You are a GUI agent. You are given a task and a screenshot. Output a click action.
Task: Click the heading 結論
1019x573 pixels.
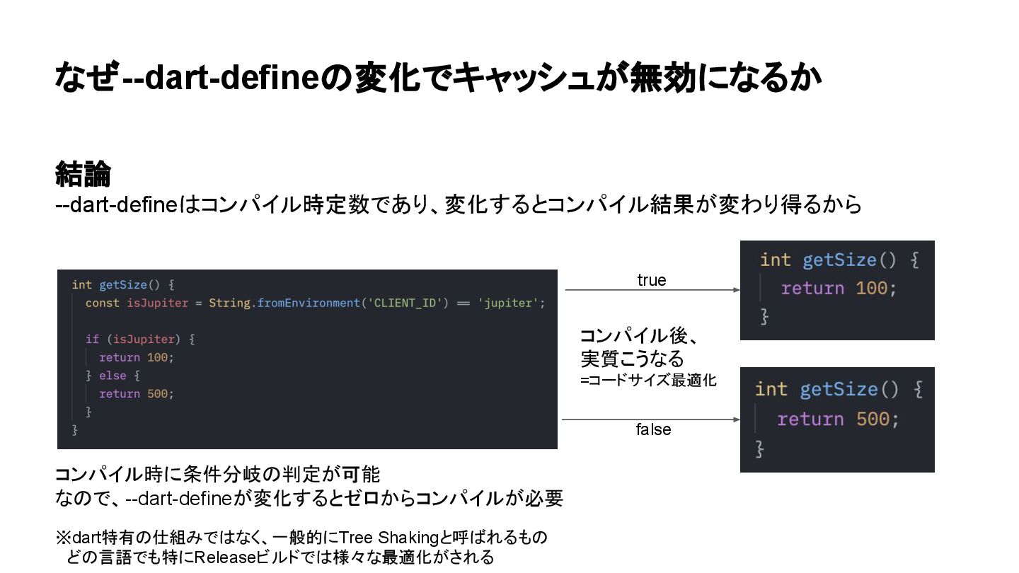click(84, 174)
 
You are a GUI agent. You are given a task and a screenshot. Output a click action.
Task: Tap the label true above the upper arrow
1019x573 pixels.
click(651, 280)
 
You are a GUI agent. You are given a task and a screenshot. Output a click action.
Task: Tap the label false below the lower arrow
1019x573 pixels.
click(652, 429)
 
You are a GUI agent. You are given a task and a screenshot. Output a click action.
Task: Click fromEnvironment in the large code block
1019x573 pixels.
click(308, 303)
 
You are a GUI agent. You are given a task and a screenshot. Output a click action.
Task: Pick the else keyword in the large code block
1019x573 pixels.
click(113, 376)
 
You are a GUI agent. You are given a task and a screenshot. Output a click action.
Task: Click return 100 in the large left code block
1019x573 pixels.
click(136, 357)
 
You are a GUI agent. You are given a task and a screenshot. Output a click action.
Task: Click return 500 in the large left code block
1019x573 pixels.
click(136, 394)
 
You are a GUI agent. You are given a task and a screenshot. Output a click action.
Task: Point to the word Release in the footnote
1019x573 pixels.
click(224, 557)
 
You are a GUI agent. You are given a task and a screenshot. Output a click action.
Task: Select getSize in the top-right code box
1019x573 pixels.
click(839, 260)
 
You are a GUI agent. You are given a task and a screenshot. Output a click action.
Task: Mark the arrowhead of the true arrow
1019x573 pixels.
click(737, 290)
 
